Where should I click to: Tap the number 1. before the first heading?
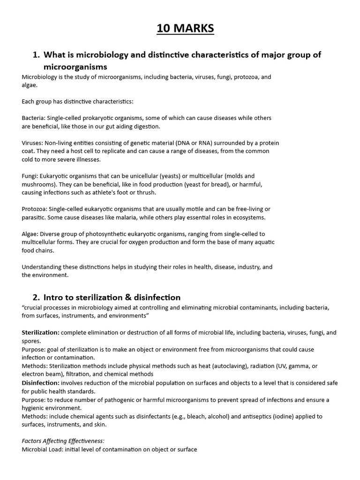point(36,55)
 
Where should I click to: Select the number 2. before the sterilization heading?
point(36,297)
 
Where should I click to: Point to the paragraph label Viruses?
point(32,142)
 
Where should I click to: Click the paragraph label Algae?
point(30,234)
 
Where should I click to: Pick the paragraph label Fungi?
point(30,176)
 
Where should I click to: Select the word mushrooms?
point(38,184)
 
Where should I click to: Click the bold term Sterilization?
point(40,332)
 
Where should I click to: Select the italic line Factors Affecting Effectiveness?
point(63,441)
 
